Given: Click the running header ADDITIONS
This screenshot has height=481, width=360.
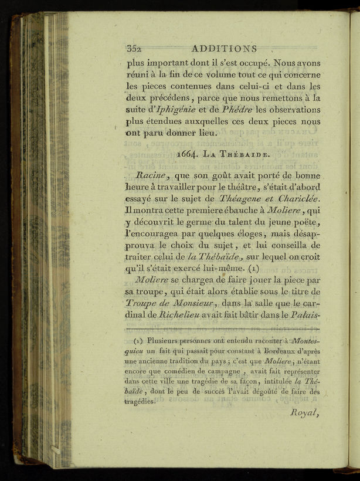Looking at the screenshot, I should (x=224, y=49).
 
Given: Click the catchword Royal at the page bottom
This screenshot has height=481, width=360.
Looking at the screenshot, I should (x=305, y=412).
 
